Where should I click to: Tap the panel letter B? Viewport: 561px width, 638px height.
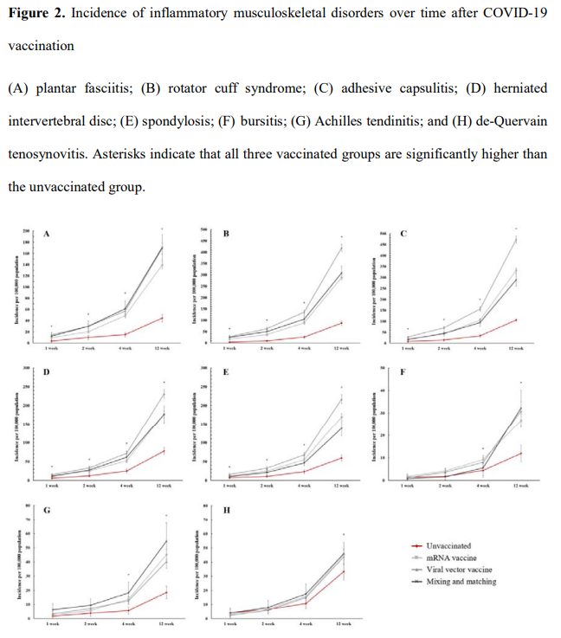click(227, 234)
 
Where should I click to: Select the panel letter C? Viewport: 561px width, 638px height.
click(405, 234)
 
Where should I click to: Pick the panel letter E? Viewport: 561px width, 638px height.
click(226, 372)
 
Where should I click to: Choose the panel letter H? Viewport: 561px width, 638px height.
click(227, 511)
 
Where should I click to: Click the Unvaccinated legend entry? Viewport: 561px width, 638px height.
click(448, 546)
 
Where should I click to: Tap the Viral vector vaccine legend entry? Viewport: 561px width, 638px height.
click(458, 570)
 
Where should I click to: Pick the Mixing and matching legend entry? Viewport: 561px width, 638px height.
click(461, 582)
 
